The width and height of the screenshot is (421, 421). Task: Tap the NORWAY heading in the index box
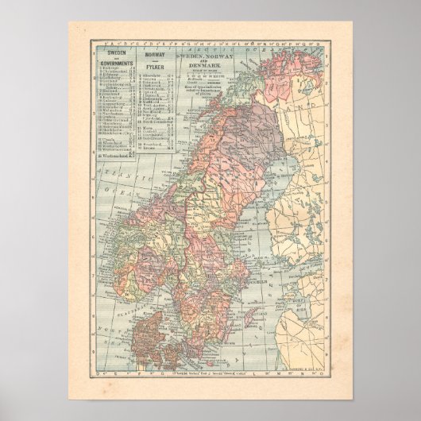click(153, 52)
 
